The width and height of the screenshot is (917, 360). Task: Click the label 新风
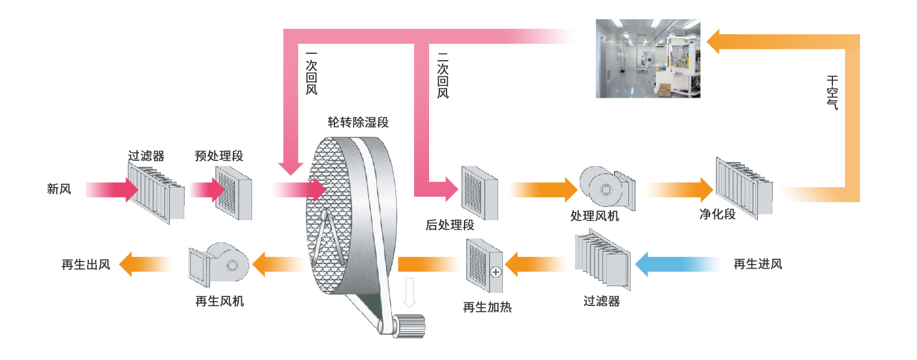[59, 190]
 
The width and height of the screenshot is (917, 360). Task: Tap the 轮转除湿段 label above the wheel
[358, 123]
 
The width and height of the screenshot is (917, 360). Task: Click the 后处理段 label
[450, 226]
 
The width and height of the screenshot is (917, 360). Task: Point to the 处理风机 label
[594, 216]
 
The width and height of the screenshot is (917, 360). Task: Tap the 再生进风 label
[758, 264]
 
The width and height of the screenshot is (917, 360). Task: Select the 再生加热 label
[487, 308]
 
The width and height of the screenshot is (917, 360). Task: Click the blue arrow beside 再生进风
[678, 264]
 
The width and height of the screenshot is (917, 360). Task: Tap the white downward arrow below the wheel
[410, 293]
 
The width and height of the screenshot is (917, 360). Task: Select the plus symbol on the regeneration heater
[496, 272]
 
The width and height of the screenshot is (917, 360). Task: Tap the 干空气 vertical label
[832, 92]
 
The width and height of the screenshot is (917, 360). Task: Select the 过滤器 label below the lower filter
[601, 301]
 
